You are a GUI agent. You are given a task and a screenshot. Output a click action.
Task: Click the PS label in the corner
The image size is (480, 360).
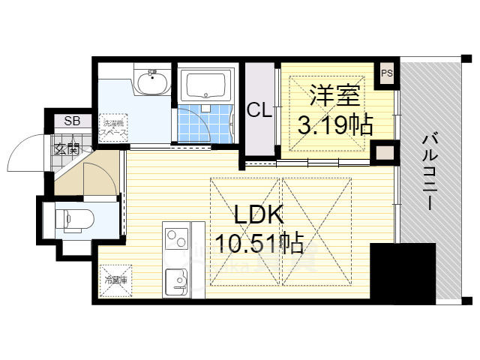coord(386,73)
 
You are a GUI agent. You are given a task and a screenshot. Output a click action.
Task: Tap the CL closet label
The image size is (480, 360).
coord(259,111)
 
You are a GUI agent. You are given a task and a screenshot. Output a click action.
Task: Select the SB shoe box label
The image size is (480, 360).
coord(72,121)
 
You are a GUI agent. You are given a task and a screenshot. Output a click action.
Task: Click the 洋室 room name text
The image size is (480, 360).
coord(334,95)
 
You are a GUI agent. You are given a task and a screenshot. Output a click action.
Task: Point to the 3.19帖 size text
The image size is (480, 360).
coord(335,124)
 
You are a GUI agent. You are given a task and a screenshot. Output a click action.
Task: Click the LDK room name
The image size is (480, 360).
coord(259,216)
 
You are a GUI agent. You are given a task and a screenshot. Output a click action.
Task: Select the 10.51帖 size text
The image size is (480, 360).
coord(259,243)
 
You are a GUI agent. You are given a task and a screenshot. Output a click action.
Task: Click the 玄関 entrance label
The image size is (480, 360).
coord(66,148)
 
